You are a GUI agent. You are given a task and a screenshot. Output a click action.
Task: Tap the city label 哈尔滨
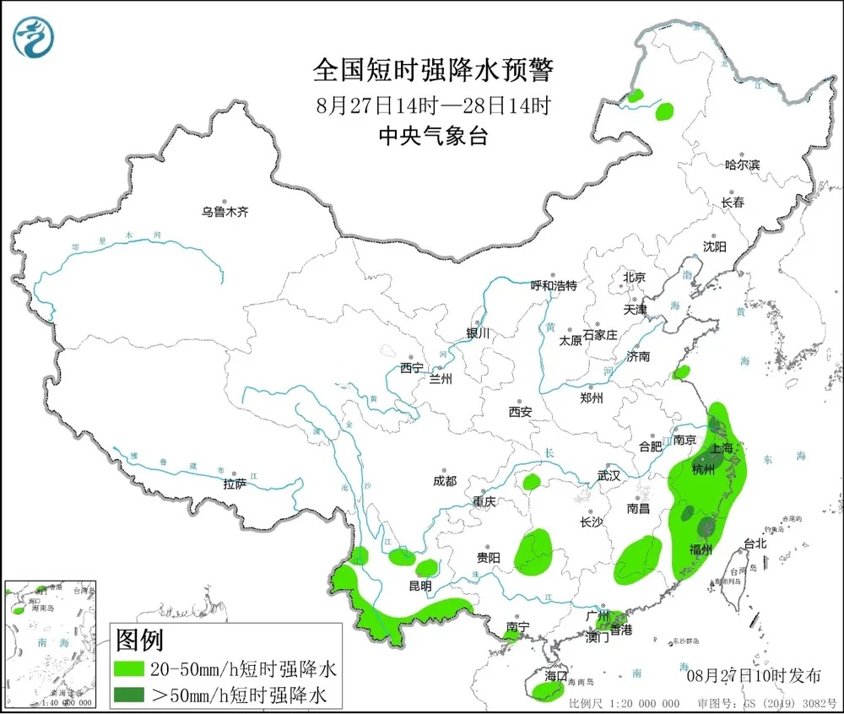point(743,165)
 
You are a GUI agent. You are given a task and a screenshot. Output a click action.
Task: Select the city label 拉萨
point(235,484)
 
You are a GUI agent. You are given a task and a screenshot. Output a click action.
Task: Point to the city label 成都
point(444,481)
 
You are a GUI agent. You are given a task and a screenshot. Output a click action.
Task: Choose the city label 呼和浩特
point(554,285)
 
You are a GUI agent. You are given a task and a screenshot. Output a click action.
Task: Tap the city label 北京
point(634,277)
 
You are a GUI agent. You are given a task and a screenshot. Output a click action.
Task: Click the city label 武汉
point(608,475)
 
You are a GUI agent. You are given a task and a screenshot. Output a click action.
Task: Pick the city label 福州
point(701,550)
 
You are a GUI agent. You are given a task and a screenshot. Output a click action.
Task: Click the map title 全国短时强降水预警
point(432,70)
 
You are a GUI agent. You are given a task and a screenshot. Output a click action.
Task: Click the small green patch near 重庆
point(531,482)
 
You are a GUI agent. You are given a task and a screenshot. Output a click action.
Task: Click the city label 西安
point(520,412)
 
